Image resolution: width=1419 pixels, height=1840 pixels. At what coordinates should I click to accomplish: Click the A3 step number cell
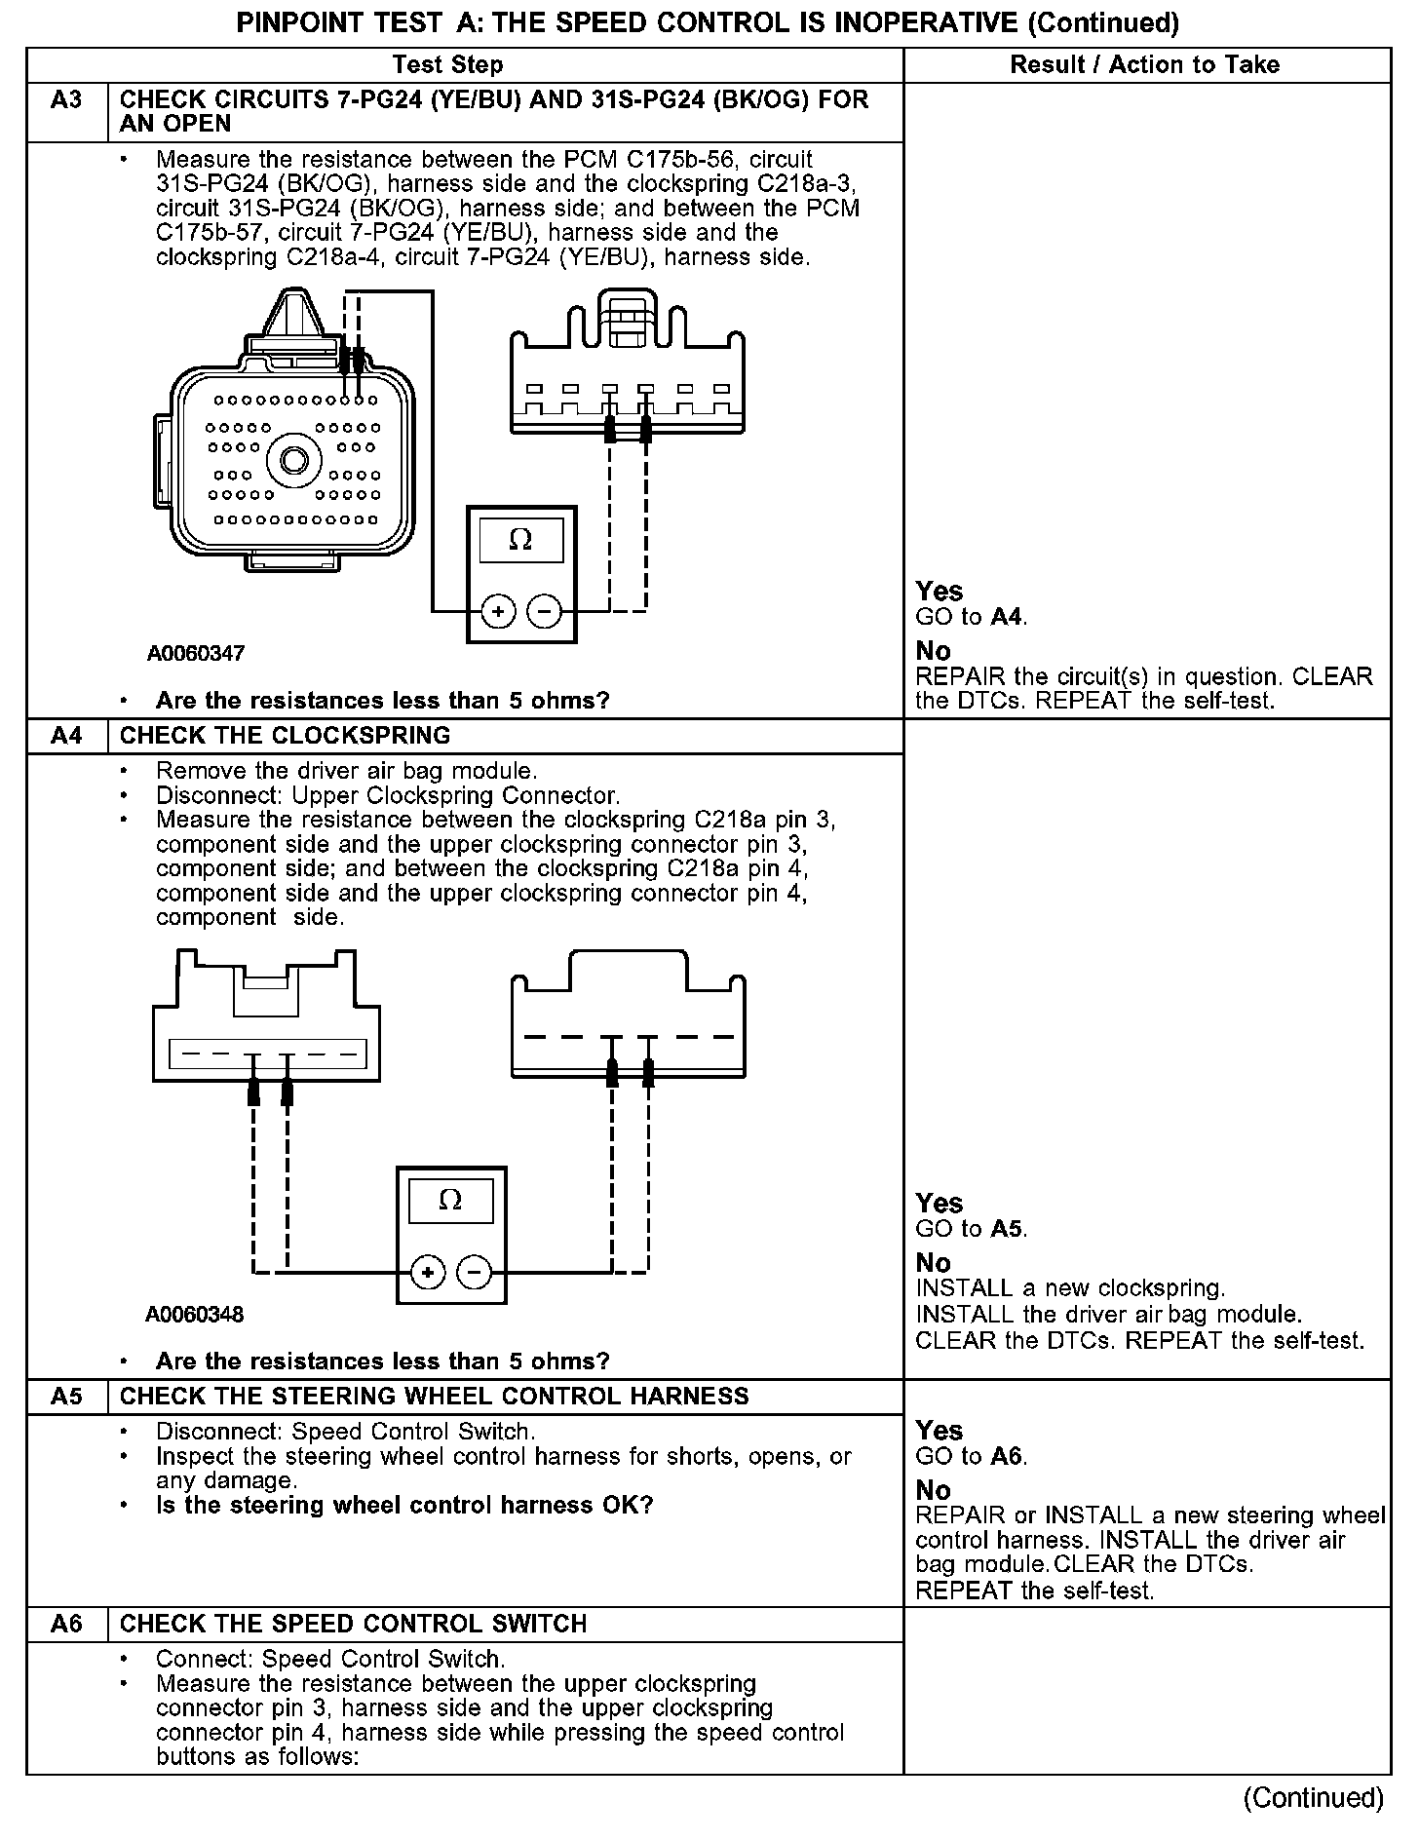pyautogui.click(x=66, y=100)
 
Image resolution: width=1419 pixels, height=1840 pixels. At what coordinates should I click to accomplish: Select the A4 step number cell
pyautogui.click(x=66, y=736)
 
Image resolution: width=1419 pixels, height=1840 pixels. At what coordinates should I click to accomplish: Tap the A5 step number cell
pyautogui.click(x=66, y=1397)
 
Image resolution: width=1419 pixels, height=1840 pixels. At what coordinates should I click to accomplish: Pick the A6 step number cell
pyautogui.click(x=66, y=1625)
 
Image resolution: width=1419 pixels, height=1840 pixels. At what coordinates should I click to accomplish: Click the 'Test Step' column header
pyautogui.click(x=447, y=65)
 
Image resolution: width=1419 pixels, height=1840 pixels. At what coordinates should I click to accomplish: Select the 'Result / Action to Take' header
pyautogui.click(x=1145, y=65)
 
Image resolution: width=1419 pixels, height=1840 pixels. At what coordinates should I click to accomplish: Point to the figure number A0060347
pyautogui.click(x=196, y=654)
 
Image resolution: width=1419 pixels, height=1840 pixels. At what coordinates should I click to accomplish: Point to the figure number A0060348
pyautogui.click(x=195, y=1315)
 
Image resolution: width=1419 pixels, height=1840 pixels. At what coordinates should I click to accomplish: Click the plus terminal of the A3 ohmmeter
pyautogui.click(x=498, y=612)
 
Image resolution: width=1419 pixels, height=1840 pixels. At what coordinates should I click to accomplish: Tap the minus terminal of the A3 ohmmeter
pyautogui.click(x=544, y=612)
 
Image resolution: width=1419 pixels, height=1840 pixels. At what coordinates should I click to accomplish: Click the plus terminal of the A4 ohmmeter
pyautogui.click(x=428, y=1273)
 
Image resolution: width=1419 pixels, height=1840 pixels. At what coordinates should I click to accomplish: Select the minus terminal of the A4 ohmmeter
pyautogui.click(x=475, y=1273)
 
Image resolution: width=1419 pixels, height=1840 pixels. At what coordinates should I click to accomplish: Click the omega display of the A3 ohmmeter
pyautogui.click(x=521, y=541)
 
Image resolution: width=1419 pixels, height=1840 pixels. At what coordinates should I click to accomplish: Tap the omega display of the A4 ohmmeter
pyautogui.click(x=450, y=1201)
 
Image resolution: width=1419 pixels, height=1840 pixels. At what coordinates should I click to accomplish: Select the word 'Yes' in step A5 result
pyautogui.click(x=940, y=1431)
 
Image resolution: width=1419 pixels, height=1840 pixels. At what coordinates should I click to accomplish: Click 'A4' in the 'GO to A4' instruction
pyautogui.click(x=1008, y=617)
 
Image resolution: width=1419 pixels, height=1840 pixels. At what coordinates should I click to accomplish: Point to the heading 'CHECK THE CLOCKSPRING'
pyautogui.click(x=285, y=736)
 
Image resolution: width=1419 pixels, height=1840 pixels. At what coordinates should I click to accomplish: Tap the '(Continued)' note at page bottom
pyautogui.click(x=1313, y=1798)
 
